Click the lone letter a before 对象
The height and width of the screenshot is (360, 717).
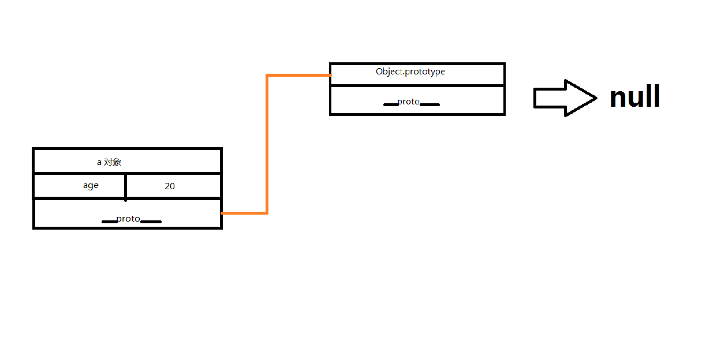pos(99,163)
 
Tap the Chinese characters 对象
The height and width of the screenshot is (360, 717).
pos(113,162)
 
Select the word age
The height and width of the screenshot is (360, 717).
pos(91,185)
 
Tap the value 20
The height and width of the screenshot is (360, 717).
pos(170,186)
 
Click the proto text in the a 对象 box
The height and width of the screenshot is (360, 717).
pos(128,219)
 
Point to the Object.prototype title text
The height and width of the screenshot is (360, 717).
pos(410,72)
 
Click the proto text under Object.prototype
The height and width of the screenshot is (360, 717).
pos(409,102)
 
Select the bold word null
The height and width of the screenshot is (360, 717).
pos(634,97)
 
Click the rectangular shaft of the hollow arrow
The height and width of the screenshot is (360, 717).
pos(549,98)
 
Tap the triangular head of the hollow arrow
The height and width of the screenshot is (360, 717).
pos(580,98)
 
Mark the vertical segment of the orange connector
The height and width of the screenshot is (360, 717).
pos(267,144)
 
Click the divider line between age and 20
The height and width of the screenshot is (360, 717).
pos(125,186)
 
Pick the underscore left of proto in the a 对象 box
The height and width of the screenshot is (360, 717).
pos(109,222)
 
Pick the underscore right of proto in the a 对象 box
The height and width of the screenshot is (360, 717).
pos(151,222)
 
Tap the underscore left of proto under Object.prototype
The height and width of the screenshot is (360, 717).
pos(391,104)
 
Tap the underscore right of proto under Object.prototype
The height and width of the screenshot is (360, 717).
pos(430,104)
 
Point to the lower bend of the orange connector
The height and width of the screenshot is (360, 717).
pos(267,213)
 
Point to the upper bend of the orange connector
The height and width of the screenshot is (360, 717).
pos(267,75)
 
